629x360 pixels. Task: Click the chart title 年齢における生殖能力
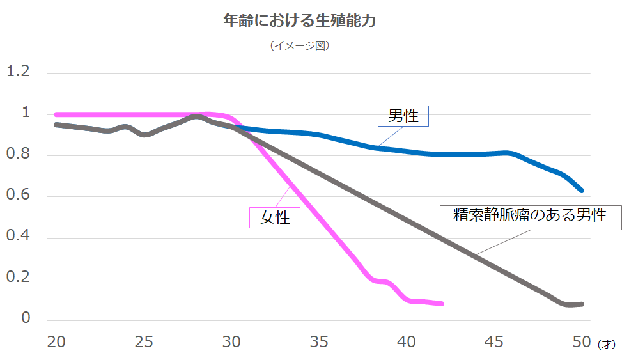[x=299, y=21]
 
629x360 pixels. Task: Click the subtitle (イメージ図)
[x=299, y=45]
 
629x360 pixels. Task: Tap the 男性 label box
[x=403, y=116]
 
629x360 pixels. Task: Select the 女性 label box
[x=274, y=217]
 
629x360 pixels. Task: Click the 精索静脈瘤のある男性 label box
[x=530, y=215]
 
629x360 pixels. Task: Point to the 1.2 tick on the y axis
[x=18, y=71]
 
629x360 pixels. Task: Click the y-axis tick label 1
[x=26, y=113]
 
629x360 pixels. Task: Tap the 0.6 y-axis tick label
[x=18, y=195]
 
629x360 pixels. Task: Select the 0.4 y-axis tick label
[x=18, y=236]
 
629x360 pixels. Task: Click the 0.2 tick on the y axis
[x=18, y=278]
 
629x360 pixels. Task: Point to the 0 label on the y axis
[x=26, y=318]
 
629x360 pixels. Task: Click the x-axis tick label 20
[x=57, y=342]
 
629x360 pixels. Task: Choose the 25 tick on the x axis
[x=144, y=342]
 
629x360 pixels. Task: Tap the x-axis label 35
[x=319, y=342]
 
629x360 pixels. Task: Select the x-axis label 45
[x=494, y=342]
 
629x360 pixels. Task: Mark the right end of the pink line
[x=442, y=304]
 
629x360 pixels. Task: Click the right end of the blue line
[x=581, y=190]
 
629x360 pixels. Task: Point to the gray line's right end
[x=581, y=304]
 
